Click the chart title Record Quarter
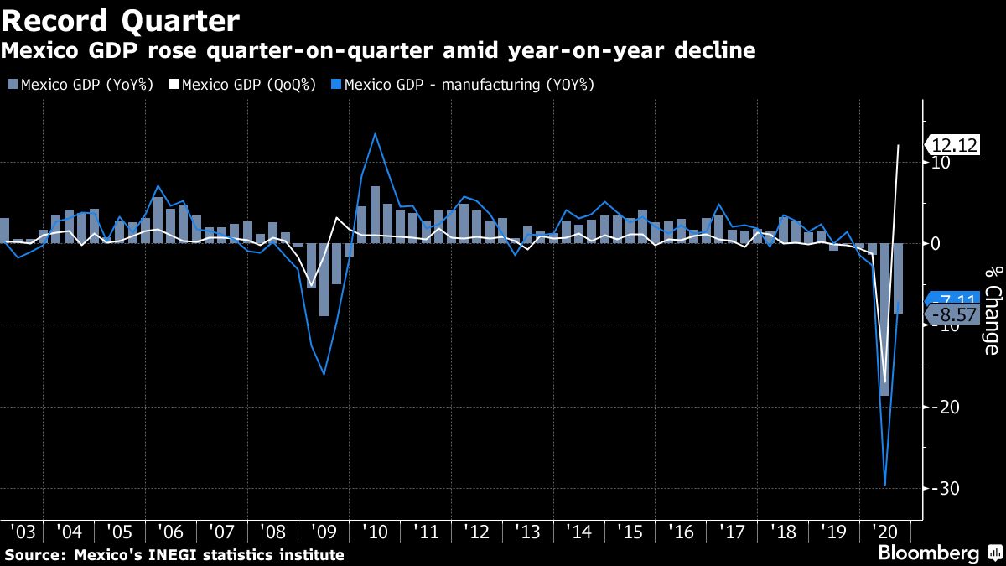121,19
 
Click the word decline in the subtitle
711,51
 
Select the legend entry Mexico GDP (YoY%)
80,85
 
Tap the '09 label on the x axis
324,532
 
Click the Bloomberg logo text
928,553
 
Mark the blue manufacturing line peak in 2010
375,133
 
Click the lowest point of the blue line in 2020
884,485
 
